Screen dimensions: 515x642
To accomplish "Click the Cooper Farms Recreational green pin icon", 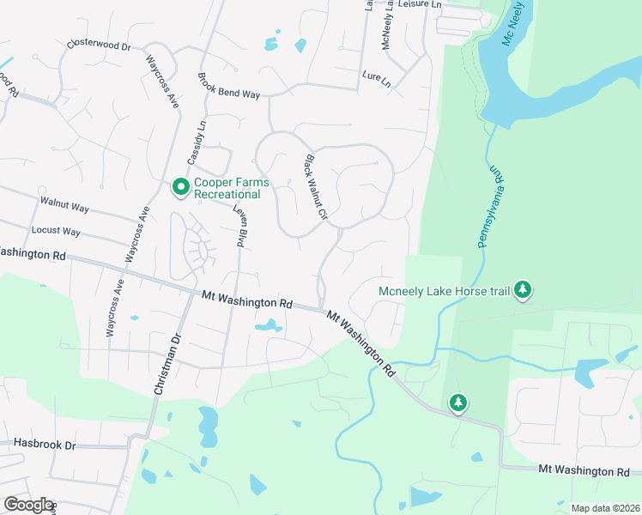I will [181, 186].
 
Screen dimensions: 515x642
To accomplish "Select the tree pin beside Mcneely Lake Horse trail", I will [523, 291].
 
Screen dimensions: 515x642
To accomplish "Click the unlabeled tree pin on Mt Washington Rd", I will [458, 402].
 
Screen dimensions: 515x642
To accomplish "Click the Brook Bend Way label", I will [228, 86].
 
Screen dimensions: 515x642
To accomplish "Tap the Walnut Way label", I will [64, 206].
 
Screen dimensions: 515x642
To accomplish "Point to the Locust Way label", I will [56, 231].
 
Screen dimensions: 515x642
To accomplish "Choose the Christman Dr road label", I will [168, 364].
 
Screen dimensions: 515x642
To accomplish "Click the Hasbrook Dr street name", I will [45, 445].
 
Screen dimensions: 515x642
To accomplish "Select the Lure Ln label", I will [376, 80].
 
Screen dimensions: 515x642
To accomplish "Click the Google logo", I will [27, 505].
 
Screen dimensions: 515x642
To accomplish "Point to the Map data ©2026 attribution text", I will [604, 508].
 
